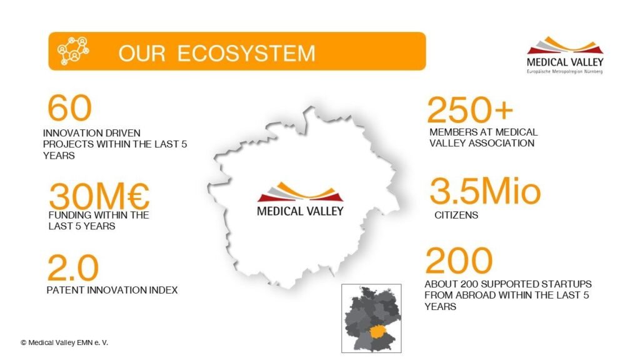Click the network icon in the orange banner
(x=73, y=51)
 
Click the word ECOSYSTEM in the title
(x=246, y=54)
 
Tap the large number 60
(x=69, y=107)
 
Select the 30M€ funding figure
(x=99, y=196)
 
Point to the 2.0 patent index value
(x=73, y=267)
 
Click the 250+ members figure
(x=469, y=109)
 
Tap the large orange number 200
(x=459, y=260)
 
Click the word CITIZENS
(x=456, y=215)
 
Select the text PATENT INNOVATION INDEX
(x=112, y=290)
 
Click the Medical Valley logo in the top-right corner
(x=565, y=55)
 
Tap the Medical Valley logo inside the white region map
(x=300, y=199)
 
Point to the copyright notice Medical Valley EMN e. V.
(x=64, y=343)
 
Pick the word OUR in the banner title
(x=142, y=54)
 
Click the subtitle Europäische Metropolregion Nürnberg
(x=565, y=71)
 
